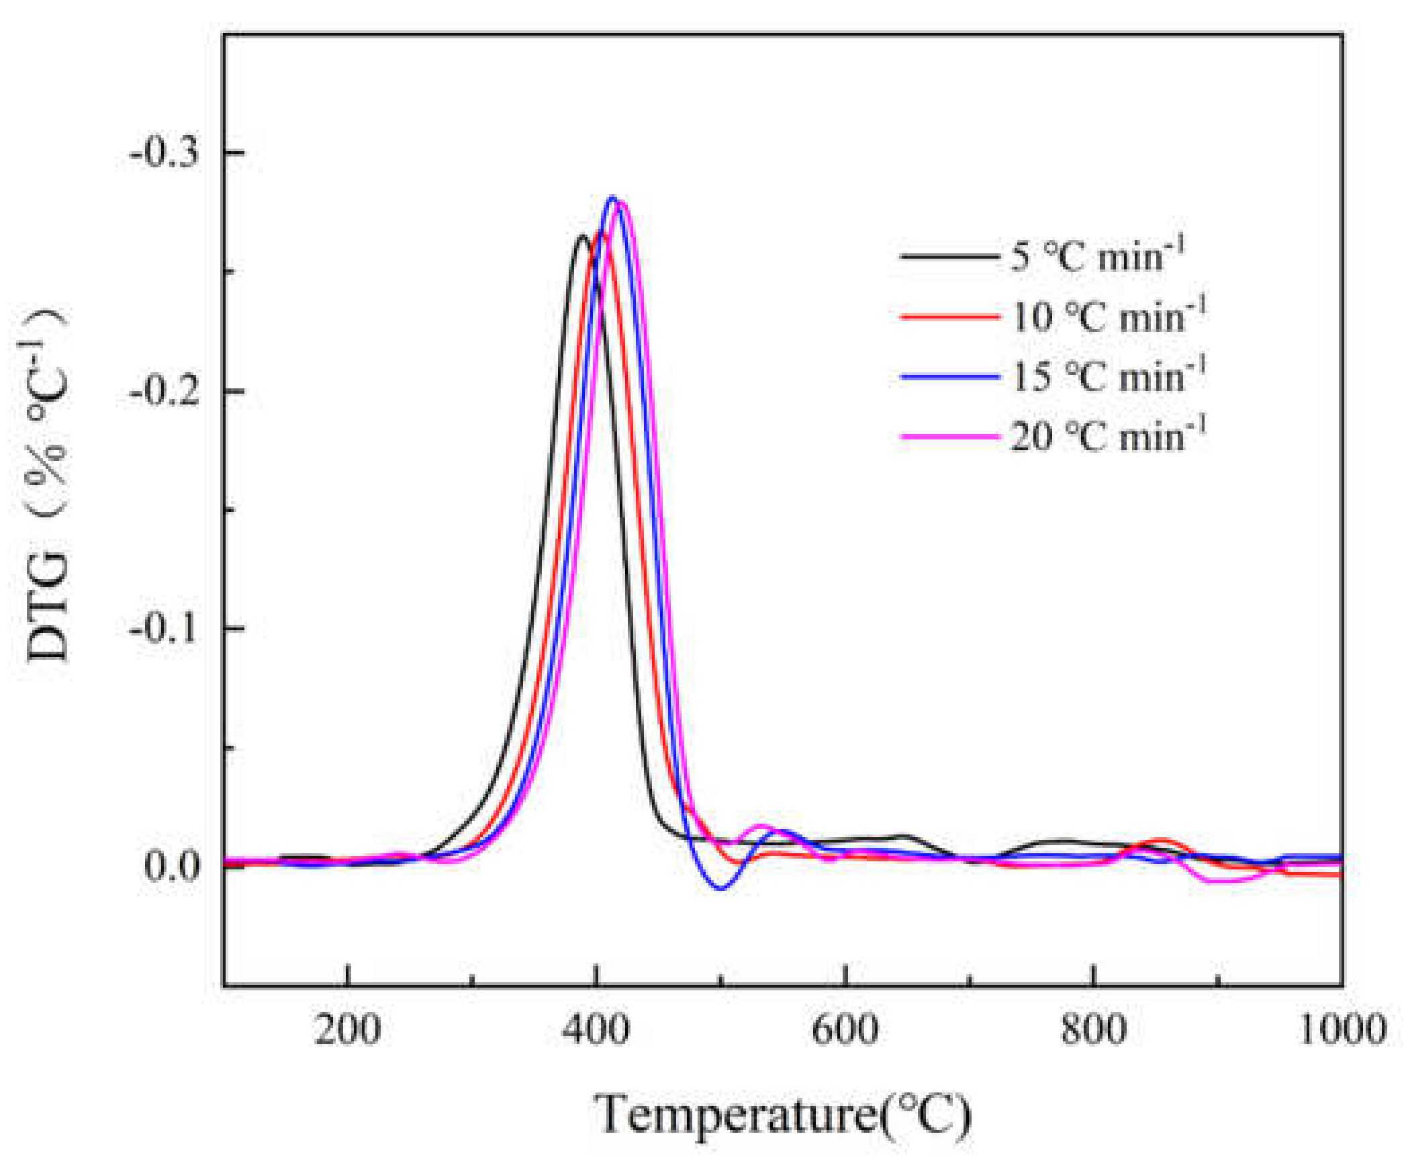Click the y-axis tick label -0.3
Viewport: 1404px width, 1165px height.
point(165,154)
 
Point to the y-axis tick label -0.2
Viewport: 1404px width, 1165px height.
point(165,392)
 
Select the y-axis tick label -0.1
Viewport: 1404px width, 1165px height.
point(165,630)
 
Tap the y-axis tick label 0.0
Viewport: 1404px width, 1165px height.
point(173,866)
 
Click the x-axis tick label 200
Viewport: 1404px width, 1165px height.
point(347,1029)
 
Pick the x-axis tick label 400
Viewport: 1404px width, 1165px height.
point(596,1029)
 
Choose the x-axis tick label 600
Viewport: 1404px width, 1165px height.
point(845,1029)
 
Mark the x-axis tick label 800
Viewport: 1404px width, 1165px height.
point(1094,1029)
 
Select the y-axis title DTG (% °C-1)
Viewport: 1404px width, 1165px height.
point(47,484)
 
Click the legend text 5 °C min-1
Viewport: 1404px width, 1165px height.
point(1098,255)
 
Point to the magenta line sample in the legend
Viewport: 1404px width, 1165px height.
point(949,437)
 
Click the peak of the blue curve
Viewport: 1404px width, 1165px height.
point(612,198)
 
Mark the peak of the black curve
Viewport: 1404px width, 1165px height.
point(582,236)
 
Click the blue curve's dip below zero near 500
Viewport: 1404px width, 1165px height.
point(720,888)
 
